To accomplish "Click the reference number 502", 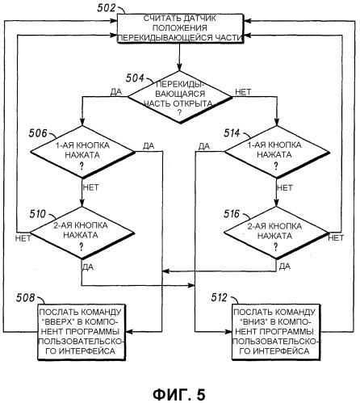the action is click(107, 8).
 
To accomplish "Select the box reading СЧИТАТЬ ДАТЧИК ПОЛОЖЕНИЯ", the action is click(180, 28).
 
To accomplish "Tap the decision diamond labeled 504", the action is click(179, 97).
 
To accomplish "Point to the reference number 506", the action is click(38, 133).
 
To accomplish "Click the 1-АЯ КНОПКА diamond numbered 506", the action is click(82, 152).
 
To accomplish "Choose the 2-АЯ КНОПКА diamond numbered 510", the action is click(82, 233).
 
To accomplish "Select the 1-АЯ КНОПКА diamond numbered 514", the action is click(277, 152).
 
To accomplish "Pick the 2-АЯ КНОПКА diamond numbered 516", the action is click(276, 233).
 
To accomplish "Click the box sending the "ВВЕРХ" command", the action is click(82, 332).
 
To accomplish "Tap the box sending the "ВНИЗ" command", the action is click(276, 332).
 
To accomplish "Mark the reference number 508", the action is click(26, 297).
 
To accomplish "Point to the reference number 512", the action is click(219, 297).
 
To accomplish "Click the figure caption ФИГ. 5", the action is click(179, 395).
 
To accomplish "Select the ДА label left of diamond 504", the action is click(116, 92).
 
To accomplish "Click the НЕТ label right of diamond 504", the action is click(243, 92).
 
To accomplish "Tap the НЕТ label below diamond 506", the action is click(91, 187).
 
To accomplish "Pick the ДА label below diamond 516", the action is click(285, 267).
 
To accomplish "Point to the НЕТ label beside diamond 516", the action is click(336, 237).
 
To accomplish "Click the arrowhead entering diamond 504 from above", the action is click(179, 68).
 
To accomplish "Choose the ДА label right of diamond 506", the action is click(149, 146).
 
